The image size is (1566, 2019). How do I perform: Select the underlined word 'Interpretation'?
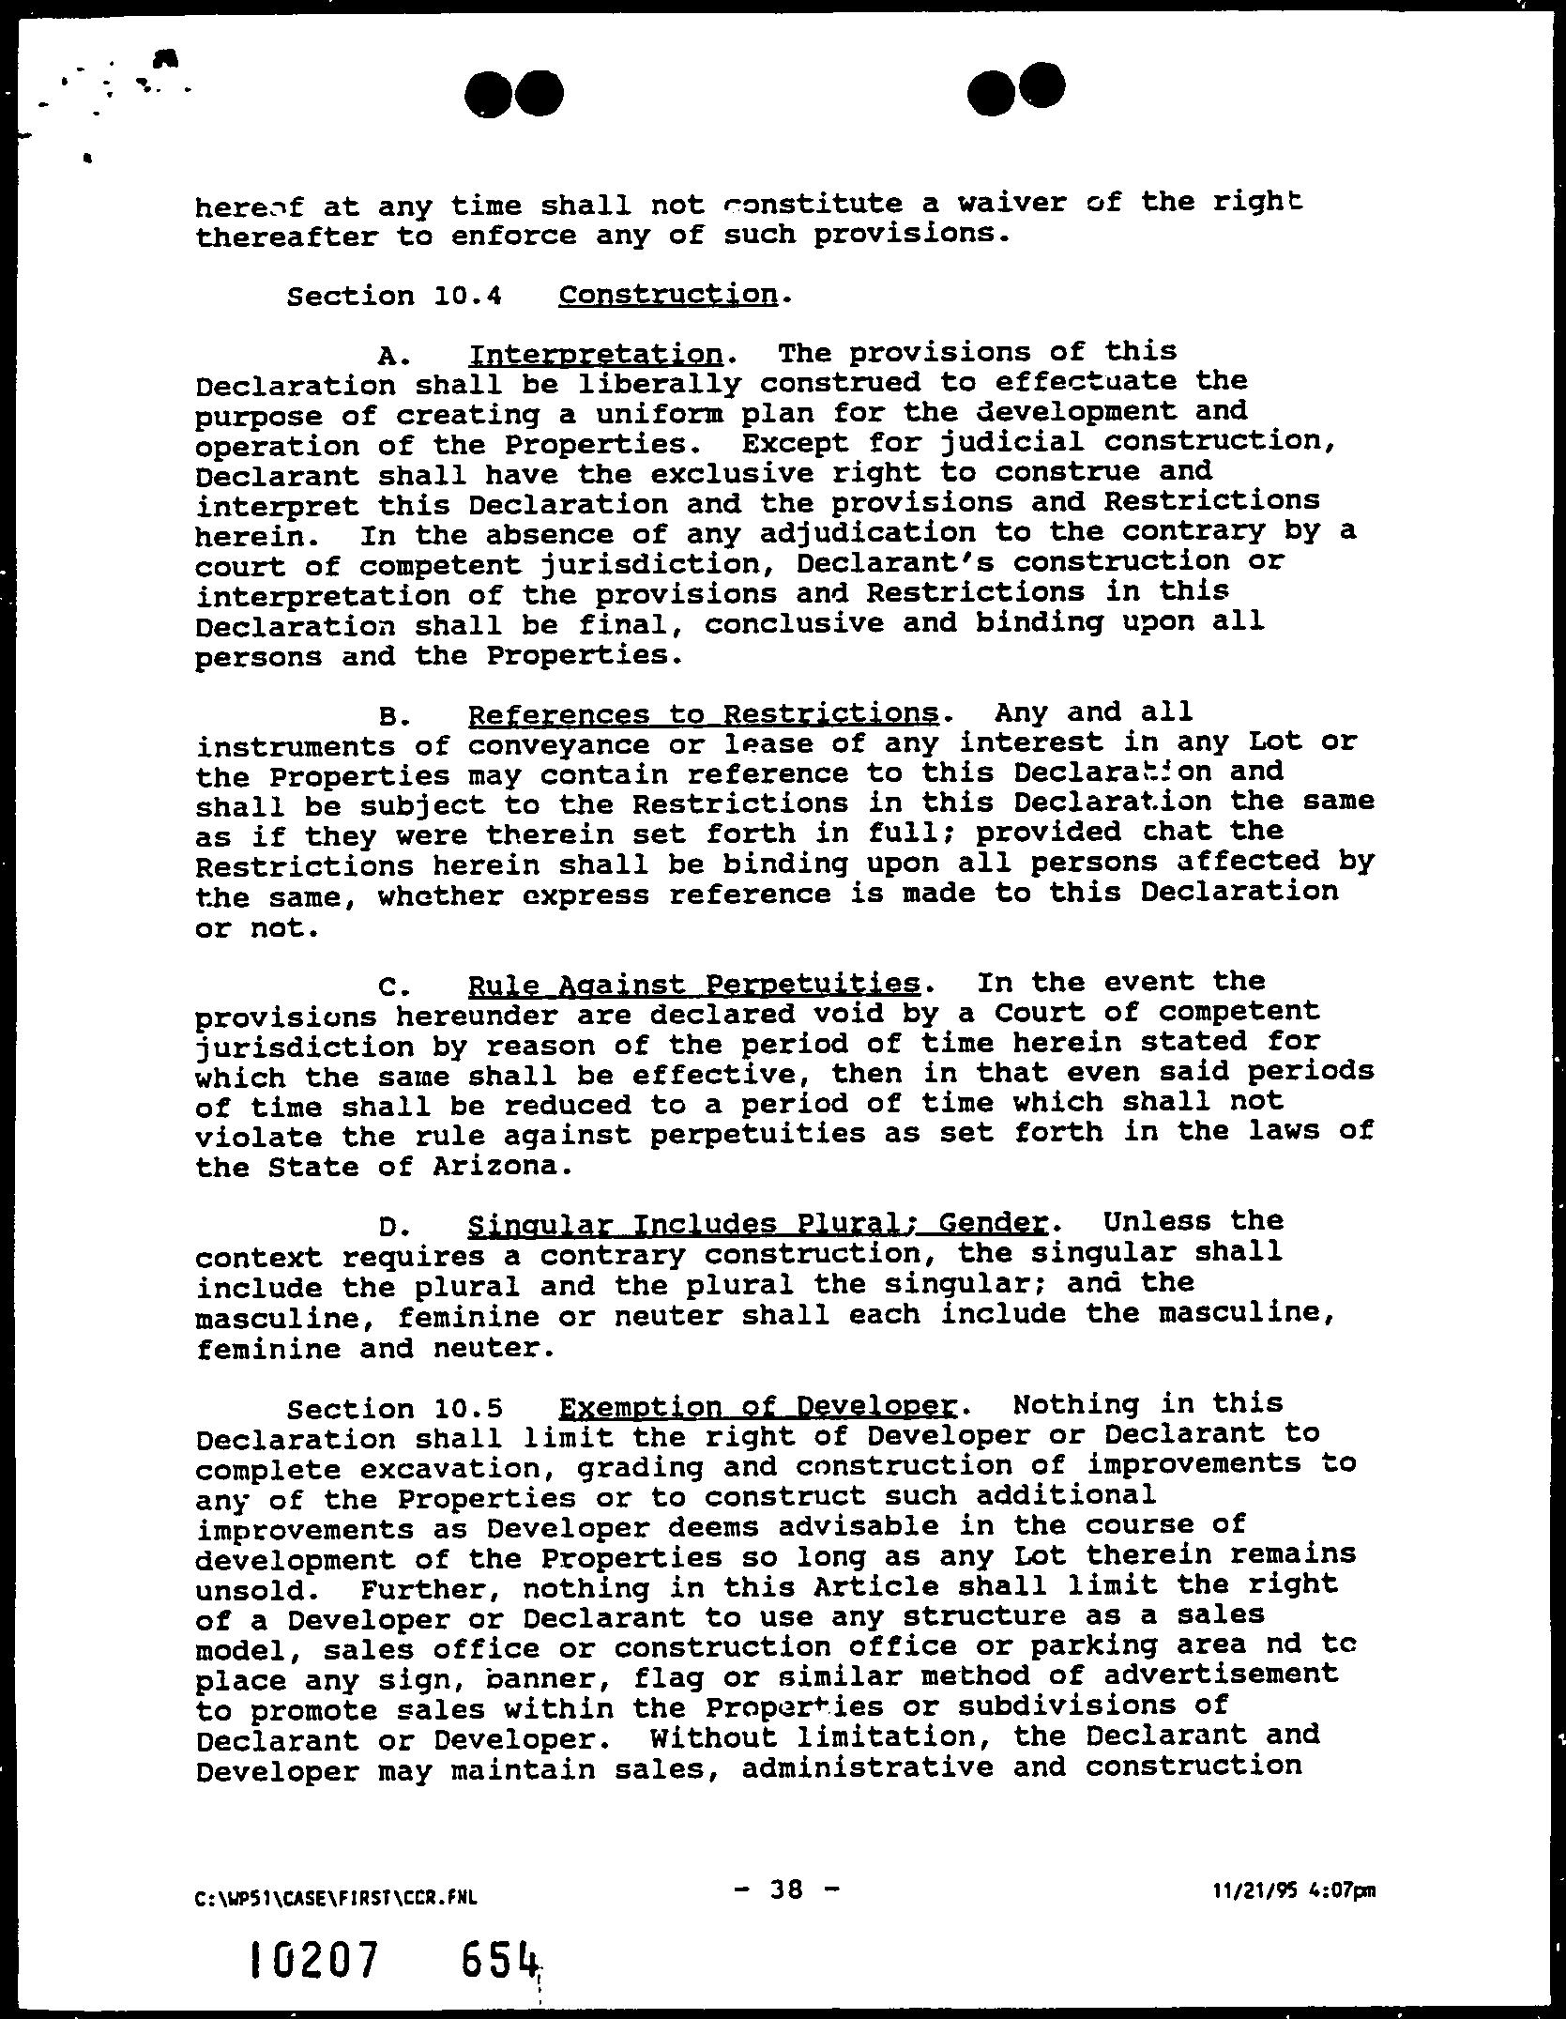(596, 354)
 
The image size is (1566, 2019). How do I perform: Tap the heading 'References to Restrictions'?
(703, 714)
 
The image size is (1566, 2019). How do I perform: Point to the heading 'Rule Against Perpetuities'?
(693, 984)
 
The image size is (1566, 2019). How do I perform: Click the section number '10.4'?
(469, 297)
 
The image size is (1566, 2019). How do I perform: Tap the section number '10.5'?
(469, 1409)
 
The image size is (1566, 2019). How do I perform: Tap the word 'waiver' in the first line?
(1011, 204)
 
